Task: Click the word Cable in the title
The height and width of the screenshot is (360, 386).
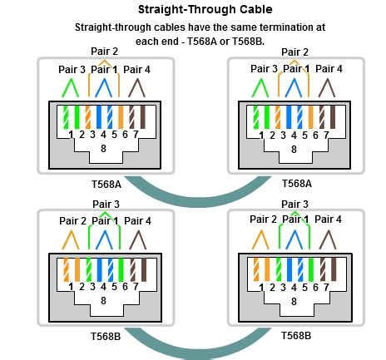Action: pyautogui.click(x=256, y=9)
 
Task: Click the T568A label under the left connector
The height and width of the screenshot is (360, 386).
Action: pyautogui.click(x=106, y=185)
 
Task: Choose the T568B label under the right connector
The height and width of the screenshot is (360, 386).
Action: pyautogui.click(x=296, y=336)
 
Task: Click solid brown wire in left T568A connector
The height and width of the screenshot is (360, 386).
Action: pyautogui.click(x=143, y=117)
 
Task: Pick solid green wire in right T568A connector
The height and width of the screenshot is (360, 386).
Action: pyautogui.click(x=267, y=117)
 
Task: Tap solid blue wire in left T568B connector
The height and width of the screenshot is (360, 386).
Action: pyautogui.click(x=100, y=269)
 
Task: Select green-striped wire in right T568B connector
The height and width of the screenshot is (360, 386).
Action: pyautogui.click(x=279, y=269)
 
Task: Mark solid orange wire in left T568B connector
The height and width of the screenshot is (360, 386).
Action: pyautogui.click(x=77, y=269)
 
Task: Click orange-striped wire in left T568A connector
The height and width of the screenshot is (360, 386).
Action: pyautogui.click(x=88, y=117)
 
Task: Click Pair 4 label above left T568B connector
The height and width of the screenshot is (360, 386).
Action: pyautogui.click(x=137, y=221)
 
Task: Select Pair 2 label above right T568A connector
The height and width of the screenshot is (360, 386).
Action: pyautogui.click(x=294, y=52)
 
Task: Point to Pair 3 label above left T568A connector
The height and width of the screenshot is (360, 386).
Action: pyautogui.click(x=72, y=69)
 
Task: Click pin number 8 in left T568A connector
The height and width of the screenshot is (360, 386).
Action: pyautogui.click(x=103, y=149)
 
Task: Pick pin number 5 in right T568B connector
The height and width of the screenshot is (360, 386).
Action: pyautogui.click(x=304, y=288)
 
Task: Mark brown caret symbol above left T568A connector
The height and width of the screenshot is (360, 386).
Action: pyautogui.click(x=136, y=88)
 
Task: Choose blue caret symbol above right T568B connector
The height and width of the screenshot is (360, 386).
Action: pyautogui.click(x=294, y=239)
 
